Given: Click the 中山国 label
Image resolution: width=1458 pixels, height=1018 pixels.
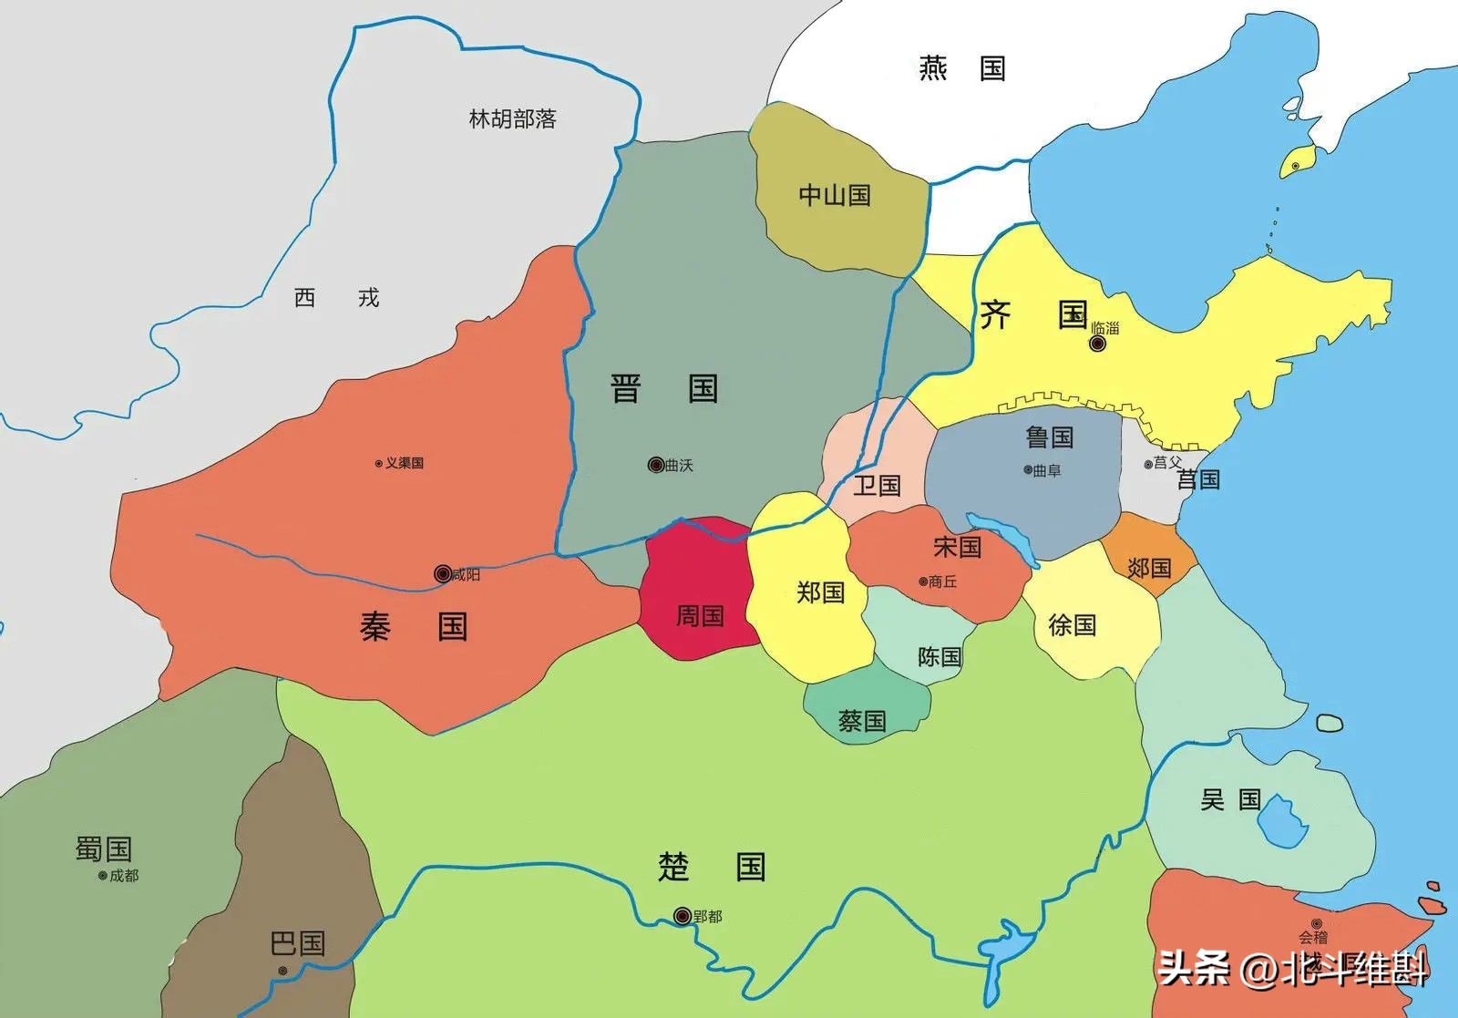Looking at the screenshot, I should pyautogui.click(x=835, y=195).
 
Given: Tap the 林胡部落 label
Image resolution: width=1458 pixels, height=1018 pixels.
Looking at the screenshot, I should pyautogui.click(x=512, y=119).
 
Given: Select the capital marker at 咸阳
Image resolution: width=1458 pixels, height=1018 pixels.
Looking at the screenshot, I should pyautogui.click(x=443, y=573).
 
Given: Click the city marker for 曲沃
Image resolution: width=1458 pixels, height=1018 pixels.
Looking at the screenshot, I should pyautogui.click(x=655, y=465).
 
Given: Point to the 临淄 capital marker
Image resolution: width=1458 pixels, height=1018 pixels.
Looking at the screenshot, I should pyautogui.click(x=1098, y=344).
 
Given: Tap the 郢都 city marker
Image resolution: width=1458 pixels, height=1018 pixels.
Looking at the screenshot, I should pyautogui.click(x=682, y=916).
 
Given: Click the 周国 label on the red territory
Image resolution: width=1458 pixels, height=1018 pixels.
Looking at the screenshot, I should pyautogui.click(x=700, y=616).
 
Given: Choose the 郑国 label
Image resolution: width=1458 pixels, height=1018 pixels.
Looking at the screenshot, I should pyautogui.click(x=820, y=592).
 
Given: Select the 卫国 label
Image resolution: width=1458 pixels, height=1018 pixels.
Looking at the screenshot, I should pyautogui.click(x=877, y=485).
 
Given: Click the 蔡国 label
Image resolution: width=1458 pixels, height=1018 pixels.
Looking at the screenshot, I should pyautogui.click(x=862, y=721).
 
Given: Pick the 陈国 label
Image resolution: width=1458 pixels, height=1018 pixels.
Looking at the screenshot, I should pyautogui.click(x=939, y=656).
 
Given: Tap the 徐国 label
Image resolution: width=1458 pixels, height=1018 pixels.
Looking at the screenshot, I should pyautogui.click(x=1072, y=625).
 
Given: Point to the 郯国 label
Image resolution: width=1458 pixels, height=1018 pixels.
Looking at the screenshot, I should pyautogui.click(x=1149, y=569).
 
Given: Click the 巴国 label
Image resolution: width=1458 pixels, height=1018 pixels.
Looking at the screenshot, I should pyautogui.click(x=298, y=943).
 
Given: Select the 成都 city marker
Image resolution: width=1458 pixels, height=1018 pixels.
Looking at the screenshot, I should pyautogui.click(x=103, y=876).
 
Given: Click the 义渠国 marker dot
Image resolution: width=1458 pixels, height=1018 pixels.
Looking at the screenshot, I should pyautogui.click(x=379, y=464).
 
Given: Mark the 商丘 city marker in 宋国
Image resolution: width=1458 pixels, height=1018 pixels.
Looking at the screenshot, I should pyautogui.click(x=923, y=581).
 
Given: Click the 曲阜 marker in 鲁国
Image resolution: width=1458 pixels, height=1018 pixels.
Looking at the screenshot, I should pyautogui.click(x=1028, y=470).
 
